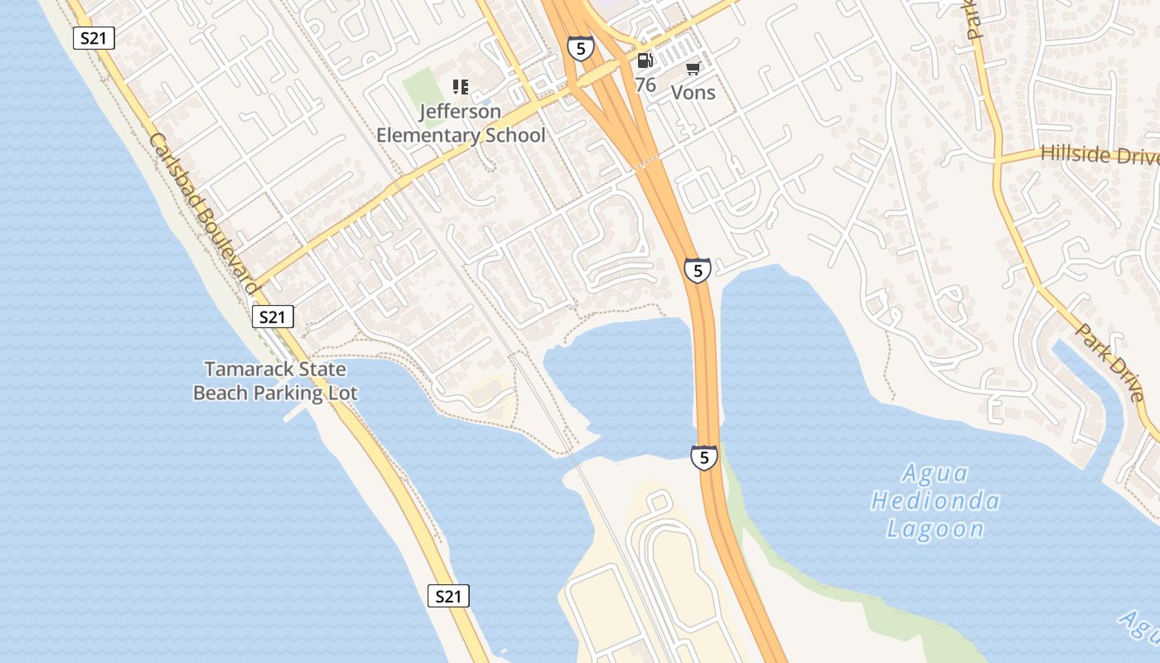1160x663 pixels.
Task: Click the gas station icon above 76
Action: [645, 60]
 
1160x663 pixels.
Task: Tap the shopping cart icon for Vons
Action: [693, 69]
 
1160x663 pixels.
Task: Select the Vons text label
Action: [693, 92]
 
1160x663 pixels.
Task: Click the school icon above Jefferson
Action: [461, 87]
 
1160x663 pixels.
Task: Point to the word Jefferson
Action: [460, 111]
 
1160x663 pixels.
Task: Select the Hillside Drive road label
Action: [1099, 154]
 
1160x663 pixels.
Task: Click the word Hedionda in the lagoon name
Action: [935, 501]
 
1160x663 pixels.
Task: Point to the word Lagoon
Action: [935, 529]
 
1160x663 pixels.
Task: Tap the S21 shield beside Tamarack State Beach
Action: [273, 317]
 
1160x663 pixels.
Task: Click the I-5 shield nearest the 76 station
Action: [581, 48]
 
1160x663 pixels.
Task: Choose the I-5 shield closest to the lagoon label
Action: [703, 457]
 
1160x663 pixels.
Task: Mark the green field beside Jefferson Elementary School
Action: [422, 86]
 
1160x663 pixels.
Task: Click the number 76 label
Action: [645, 85]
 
